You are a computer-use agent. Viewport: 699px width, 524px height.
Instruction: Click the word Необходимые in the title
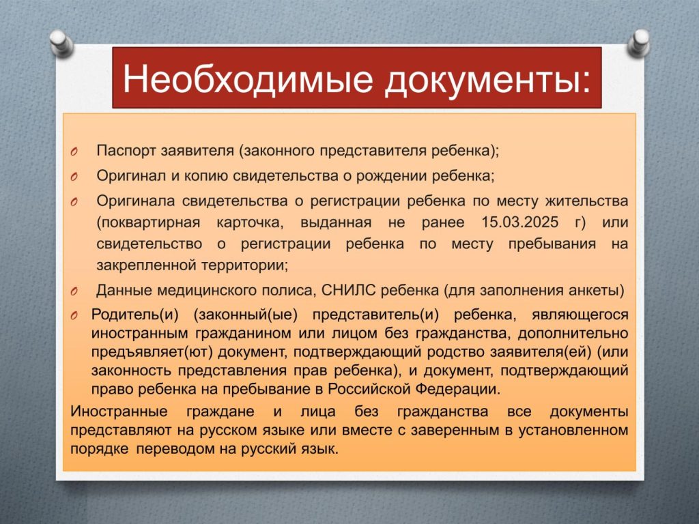click(x=248, y=78)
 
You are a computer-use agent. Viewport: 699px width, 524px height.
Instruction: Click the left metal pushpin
click(x=61, y=43)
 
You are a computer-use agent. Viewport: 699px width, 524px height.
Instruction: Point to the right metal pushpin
click(x=638, y=43)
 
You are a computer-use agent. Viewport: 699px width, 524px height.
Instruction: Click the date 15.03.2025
click(x=519, y=222)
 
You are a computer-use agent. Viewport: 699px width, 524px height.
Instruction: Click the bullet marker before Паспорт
click(x=74, y=152)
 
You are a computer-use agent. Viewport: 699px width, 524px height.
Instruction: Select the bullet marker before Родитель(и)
click(x=74, y=316)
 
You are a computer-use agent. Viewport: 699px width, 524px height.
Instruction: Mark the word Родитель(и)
click(x=134, y=315)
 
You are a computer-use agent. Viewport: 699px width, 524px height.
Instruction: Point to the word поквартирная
click(x=148, y=222)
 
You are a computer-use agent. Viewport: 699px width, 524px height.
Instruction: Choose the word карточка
click(x=250, y=222)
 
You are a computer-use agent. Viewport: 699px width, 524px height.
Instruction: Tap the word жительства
click(x=586, y=201)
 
